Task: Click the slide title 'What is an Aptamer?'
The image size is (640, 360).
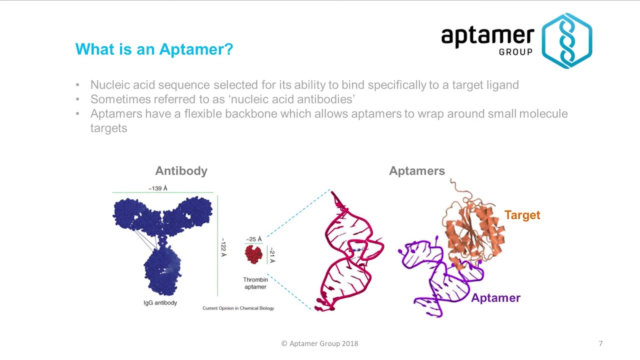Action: (154, 49)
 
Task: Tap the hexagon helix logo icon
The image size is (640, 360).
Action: (567, 41)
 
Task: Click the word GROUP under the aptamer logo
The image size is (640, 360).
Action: (515, 52)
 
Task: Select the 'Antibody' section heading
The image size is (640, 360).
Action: (181, 171)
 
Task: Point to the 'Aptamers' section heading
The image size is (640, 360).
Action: (417, 171)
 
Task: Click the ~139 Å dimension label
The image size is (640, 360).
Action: (157, 188)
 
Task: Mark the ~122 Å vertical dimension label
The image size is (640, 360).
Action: (223, 247)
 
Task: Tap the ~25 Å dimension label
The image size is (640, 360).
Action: (253, 239)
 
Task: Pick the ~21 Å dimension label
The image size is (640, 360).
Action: (272, 255)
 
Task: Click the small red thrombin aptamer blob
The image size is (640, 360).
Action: (253, 254)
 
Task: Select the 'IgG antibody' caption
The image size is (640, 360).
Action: (160, 303)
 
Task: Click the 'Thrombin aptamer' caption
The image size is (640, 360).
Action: (255, 283)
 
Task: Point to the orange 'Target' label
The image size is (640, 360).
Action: (522, 215)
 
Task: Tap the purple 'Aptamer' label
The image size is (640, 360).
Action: (495, 298)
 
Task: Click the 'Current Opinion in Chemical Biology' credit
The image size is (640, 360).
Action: (238, 308)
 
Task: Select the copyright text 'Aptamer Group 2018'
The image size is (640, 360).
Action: (319, 343)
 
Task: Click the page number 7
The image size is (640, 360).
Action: (600, 343)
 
